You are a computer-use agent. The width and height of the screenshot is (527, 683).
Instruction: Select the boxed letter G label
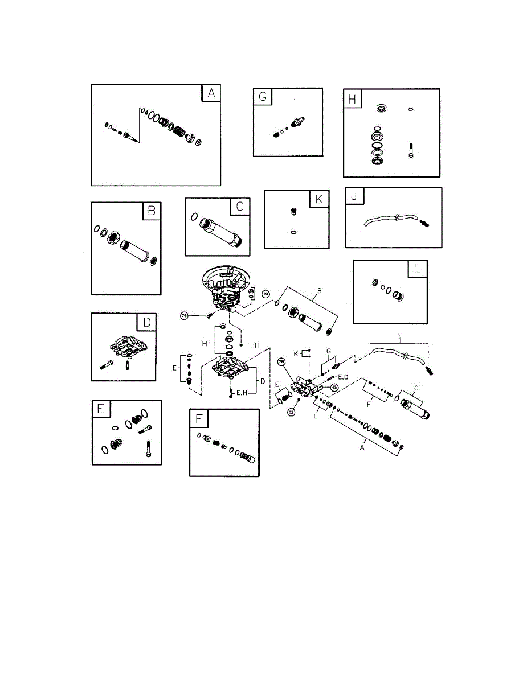[x=263, y=97]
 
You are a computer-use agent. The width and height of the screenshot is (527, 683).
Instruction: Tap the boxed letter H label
[x=352, y=98]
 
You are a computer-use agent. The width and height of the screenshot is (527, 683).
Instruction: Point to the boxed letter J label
[x=354, y=197]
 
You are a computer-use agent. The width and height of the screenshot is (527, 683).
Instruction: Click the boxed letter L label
[x=418, y=269]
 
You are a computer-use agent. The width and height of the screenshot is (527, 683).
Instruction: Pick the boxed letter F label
[x=199, y=419]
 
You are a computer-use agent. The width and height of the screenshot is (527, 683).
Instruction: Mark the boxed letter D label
[x=147, y=322]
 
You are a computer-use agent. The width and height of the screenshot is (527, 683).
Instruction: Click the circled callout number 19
[x=265, y=294]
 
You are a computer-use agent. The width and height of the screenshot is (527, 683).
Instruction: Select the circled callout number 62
[x=291, y=412]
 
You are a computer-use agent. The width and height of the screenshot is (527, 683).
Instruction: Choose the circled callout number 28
[x=281, y=361]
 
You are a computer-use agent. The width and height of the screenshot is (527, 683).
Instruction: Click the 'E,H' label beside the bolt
[x=243, y=392]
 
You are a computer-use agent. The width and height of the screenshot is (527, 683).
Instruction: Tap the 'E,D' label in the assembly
[x=344, y=377]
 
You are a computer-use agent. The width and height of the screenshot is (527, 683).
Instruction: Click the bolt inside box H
[x=410, y=150]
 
